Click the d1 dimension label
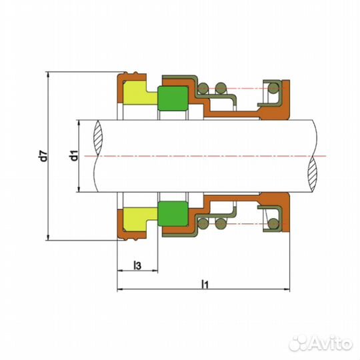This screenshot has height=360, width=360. pyautogui.click(x=74, y=155)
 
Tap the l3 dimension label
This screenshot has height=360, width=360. pyautogui.click(x=137, y=265)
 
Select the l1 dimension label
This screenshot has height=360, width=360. pyautogui.click(x=205, y=284)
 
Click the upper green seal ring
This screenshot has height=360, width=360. pyautogui.click(x=173, y=98)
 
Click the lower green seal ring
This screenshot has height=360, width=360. pyautogui.click(x=173, y=214)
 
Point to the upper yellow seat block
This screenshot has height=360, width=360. pyautogui.click(x=138, y=93)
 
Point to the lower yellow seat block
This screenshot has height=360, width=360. pyautogui.click(x=138, y=219)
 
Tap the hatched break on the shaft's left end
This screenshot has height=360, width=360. pyautogui.click(x=98, y=137)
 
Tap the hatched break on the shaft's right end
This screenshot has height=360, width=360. pyautogui.click(x=312, y=174)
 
